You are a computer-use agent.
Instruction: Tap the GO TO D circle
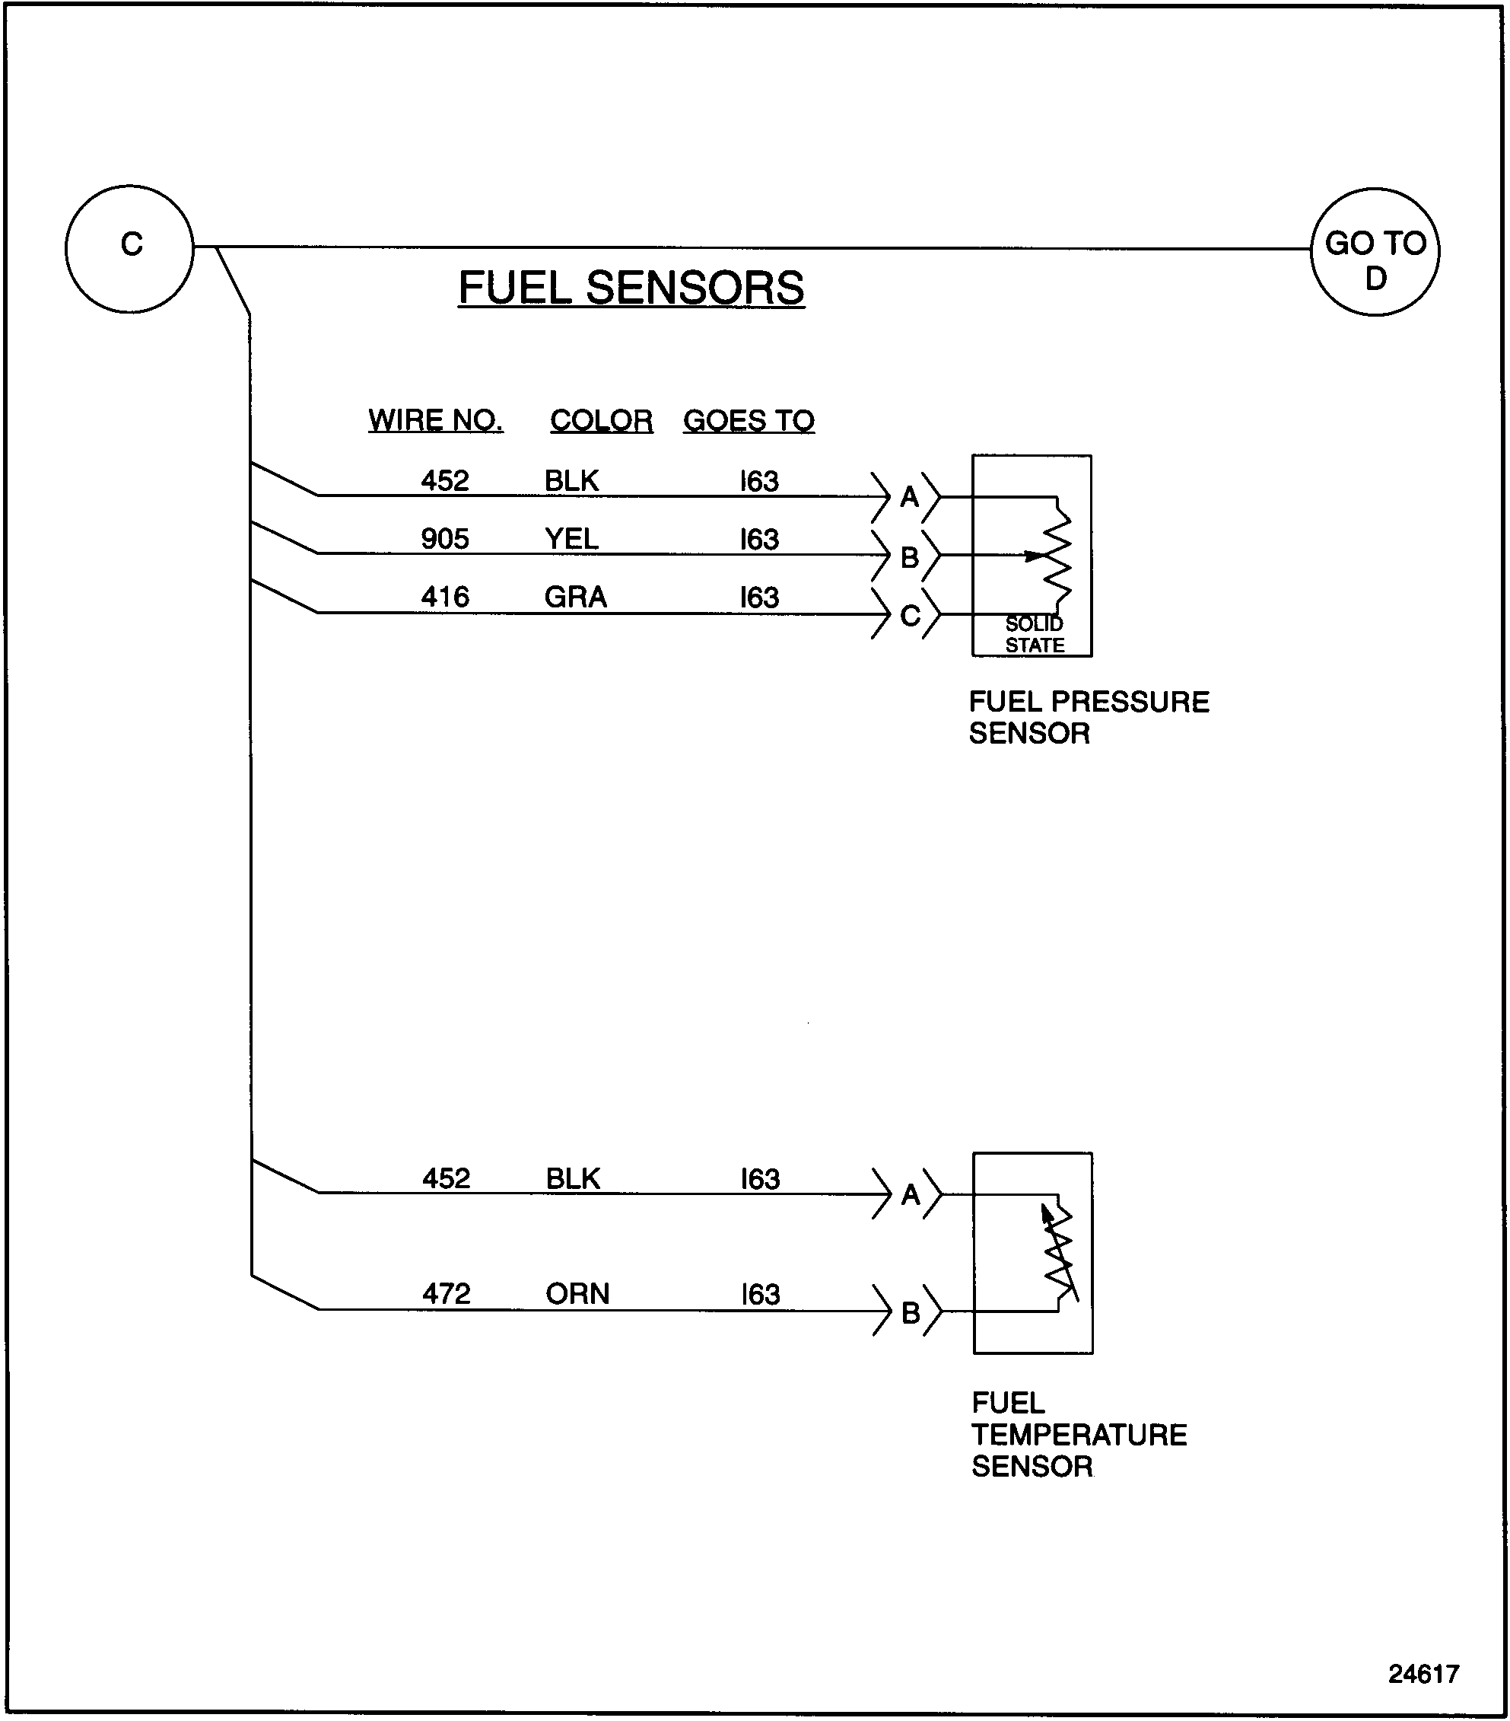(x=1375, y=252)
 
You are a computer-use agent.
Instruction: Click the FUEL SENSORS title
(x=631, y=288)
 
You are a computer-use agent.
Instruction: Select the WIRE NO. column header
(x=435, y=420)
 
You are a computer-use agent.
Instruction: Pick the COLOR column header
(x=601, y=420)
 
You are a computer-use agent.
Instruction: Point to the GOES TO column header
(x=749, y=420)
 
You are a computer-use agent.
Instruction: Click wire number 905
(x=444, y=539)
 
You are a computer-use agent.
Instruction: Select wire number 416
(x=444, y=597)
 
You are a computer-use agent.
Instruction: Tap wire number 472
(x=446, y=1293)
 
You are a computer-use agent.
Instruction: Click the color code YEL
(x=571, y=539)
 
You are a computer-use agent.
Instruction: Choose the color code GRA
(x=575, y=597)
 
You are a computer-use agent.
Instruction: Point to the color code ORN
(x=577, y=1293)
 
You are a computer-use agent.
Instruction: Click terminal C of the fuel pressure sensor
(x=909, y=617)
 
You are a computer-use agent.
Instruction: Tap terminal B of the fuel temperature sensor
(x=910, y=1313)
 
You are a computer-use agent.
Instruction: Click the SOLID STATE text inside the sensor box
(x=1035, y=635)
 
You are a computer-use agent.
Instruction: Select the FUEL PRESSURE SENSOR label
(x=1088, y=717)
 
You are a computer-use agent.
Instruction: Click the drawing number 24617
(x=1423, y=1674)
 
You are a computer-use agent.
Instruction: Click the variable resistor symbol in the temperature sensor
(x=1060, y=1254)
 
